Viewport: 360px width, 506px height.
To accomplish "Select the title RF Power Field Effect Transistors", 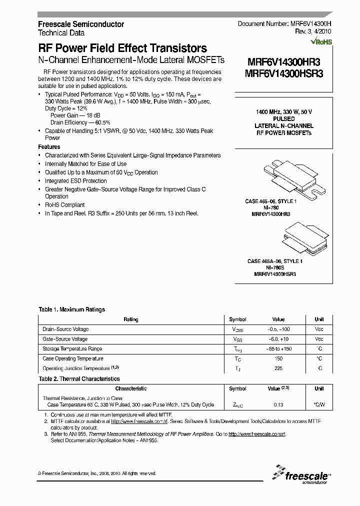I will tap(122, 48).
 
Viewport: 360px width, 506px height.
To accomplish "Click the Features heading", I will tap(49, 147).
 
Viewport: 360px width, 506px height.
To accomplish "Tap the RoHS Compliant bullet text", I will tap(65, 205).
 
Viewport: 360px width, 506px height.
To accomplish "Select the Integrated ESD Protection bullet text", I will tap(76, 181).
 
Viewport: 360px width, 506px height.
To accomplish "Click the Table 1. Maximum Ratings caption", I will tap(71, 309).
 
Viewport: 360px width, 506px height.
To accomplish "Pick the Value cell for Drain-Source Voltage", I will tap(278, 329).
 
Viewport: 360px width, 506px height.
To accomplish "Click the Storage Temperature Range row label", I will tap(72, 349).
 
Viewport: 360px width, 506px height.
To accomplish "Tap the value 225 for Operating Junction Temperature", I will tap(278, 368).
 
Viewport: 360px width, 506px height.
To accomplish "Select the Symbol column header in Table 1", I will tap(237, 319).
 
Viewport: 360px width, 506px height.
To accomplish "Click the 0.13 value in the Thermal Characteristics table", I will tap(278, 405).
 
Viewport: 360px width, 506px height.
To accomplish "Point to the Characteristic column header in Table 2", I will tap(131, 388).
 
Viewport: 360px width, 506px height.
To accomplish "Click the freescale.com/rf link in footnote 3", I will tap(256, 434).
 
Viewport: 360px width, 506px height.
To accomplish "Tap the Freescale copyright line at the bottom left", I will tap(97, 473).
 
